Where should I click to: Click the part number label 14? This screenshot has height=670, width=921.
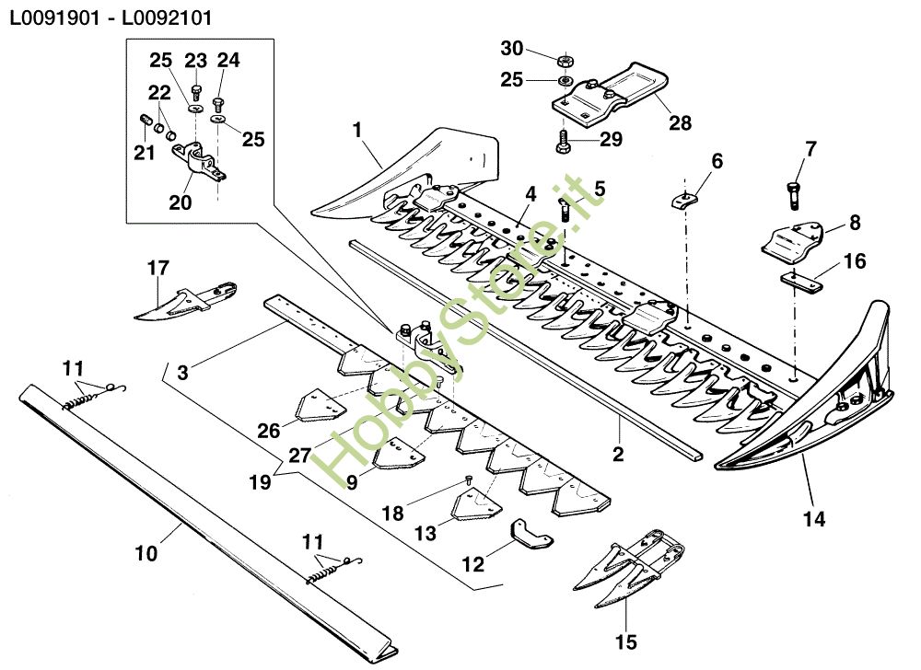point(813,519)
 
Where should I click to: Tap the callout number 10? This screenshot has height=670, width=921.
point(146,554)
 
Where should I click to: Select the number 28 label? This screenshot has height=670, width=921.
point(681,121)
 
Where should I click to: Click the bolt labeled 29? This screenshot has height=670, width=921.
point(562,141)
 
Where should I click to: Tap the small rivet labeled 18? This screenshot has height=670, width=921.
point(469,479)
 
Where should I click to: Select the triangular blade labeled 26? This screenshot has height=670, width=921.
point(317,405)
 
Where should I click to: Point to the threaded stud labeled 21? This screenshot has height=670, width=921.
point(145,121)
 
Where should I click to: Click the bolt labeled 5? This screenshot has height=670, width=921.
point(564,207)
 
